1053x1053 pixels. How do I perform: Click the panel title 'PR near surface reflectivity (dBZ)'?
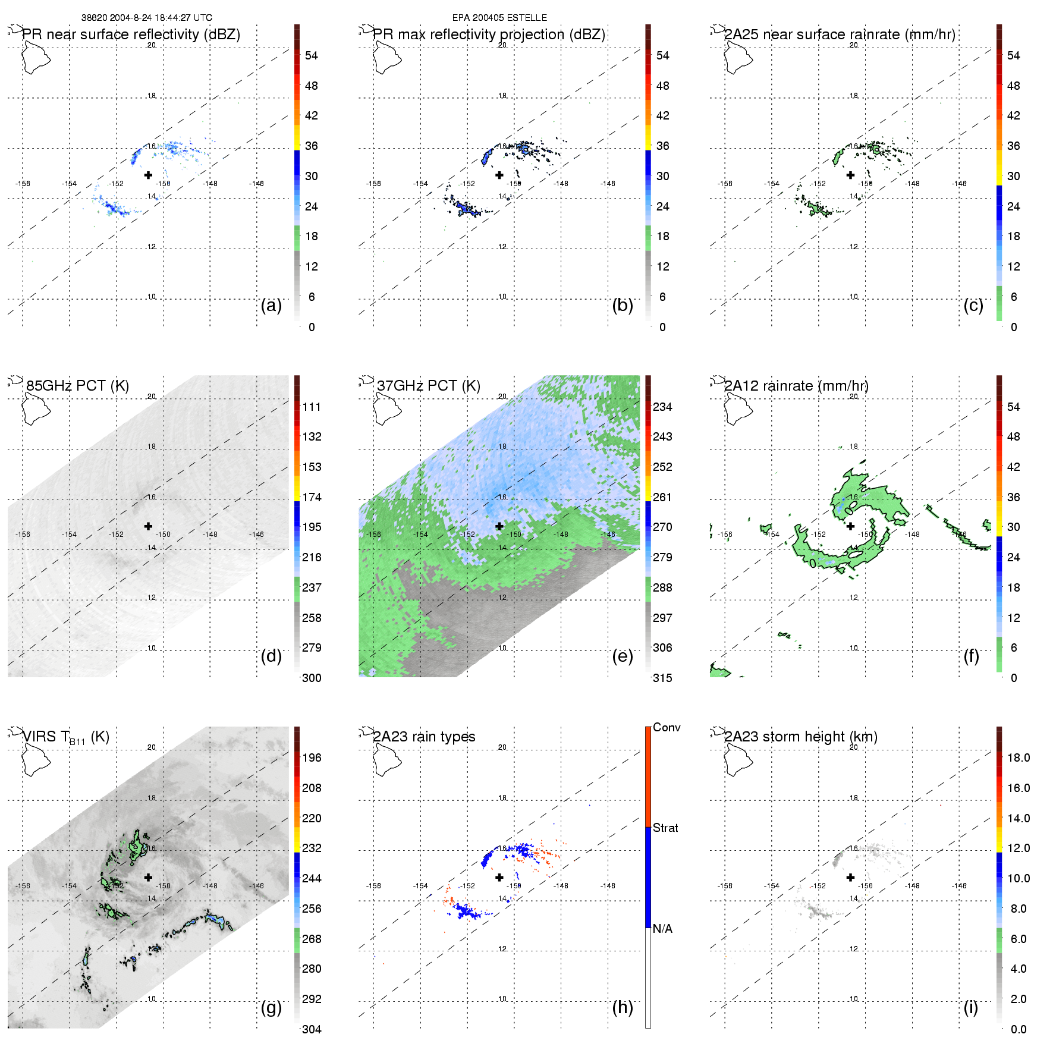point(131,34)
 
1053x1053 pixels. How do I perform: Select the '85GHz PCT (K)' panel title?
point(77,386)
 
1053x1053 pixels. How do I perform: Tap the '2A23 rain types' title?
point(424,737)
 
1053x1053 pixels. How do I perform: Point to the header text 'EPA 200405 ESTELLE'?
point(499,18)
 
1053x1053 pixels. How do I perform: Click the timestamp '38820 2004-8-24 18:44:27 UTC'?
point(147,18)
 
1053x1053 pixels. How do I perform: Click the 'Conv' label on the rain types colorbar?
point(667,727)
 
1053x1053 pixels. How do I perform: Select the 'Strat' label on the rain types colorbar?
point(665,828)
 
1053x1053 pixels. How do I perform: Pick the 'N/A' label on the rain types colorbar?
point(662,929)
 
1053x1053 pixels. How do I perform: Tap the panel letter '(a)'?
point(271,305)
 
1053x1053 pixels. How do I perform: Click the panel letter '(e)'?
point(623,656)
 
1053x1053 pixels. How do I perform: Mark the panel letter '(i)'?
point(971,1007)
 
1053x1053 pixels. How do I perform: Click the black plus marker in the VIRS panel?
point(148,877)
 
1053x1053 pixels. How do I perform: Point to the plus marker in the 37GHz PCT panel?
point(499,526)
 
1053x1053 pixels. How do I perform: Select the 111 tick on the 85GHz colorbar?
point(312,407)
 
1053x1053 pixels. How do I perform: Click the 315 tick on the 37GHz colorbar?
point(662,678)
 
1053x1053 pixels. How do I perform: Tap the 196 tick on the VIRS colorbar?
point(312,757)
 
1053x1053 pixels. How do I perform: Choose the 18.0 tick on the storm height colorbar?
point(1019,757)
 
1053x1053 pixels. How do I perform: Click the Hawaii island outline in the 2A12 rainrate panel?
point(738,410)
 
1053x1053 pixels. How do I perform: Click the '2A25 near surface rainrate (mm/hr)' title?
point(840,34)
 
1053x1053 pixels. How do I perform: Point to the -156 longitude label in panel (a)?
point(23,184)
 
